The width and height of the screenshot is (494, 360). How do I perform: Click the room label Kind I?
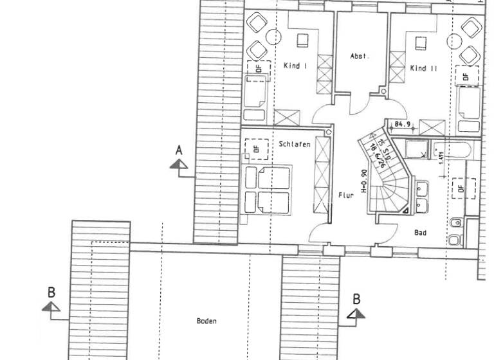coord(295,66)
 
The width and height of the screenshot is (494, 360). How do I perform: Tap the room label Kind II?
coord(424,67)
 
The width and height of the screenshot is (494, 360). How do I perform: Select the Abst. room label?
coord(360,57)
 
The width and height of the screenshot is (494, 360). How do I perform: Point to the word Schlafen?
coord(295,145)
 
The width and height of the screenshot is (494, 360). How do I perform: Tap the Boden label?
coord(206,321)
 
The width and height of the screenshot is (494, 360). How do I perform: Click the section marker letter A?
coord(179,150)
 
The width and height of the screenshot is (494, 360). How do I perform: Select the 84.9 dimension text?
coord(403,123)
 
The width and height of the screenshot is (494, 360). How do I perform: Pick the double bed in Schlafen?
coord(266,190)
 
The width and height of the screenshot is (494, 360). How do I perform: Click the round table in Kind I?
coord(273,37)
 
